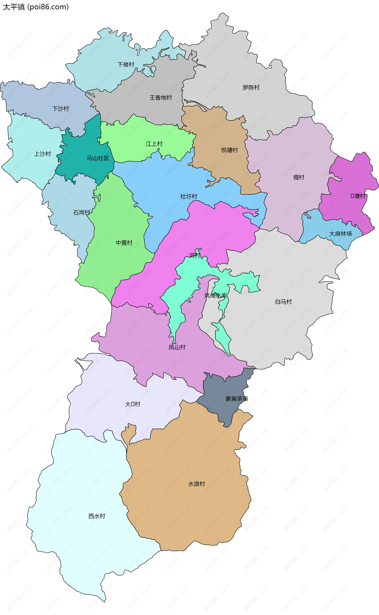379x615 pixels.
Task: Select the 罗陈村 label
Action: tap(251, 88)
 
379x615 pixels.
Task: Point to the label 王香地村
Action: tap(161, 98)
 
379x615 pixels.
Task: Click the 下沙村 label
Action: tap(60, 109)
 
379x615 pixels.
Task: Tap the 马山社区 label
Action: tap(98, 158)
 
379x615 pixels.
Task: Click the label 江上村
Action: tap(154, 144)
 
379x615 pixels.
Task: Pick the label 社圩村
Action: tap(189, 197)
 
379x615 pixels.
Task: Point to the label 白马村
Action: tap(283, 302)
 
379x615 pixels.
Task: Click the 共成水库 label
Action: tap(216, 296)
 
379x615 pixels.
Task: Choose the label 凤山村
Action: tap(177, 347)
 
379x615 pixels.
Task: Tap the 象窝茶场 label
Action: tap(236, 399)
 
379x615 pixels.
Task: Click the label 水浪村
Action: tap(197, 484)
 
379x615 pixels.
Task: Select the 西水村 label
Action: tap(97, 516)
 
